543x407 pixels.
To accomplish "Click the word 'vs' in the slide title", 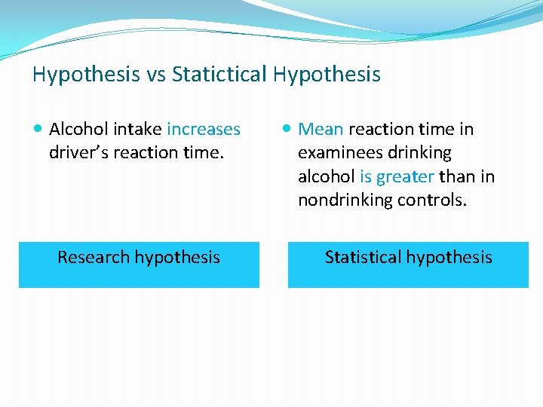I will point(153,75).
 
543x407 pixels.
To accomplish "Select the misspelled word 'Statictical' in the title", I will point(219,75).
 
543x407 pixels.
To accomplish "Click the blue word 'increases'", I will point(204,129).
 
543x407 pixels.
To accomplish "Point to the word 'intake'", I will point(139,129).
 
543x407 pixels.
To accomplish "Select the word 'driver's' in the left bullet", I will point(78,152).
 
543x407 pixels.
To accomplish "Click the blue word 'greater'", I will point(404,176).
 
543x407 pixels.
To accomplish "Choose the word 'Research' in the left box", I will point(94,257).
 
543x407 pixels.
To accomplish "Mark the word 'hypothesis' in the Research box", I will point(177,257).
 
